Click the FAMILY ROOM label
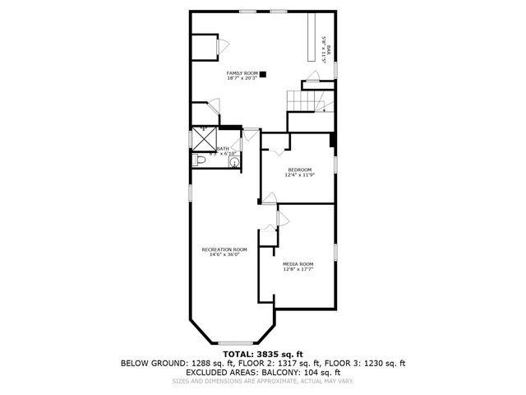click(x=242, y=73)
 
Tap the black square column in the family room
click(x=263, y=74)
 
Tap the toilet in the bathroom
click(x=200, y=161)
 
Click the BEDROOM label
click(x=300, y=170)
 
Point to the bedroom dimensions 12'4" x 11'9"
click(x=300, y=175)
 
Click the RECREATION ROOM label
click(x=224, y=249)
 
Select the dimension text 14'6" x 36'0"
click(x=224, y=255)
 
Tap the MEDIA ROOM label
click(x=298, y=263)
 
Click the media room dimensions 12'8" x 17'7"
click(x=298, y=269)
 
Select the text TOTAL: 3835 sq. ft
click(x=263, y=353)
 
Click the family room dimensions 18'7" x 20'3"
click(x=242, y=78)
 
